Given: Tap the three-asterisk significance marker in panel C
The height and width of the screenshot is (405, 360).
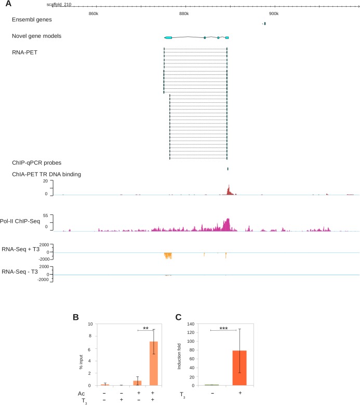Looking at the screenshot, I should [209, 328].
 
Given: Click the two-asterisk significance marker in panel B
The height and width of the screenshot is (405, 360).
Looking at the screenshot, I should [146, 328].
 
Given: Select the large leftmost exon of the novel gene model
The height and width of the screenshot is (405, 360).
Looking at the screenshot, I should [168, 38].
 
